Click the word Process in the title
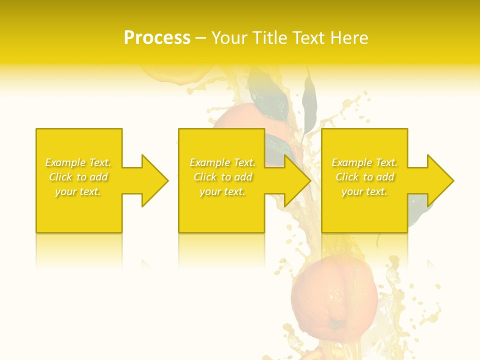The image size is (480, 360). tap(157, 38)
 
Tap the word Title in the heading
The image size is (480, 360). tap(268, 38)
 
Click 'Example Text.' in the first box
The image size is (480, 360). tap(78, 162)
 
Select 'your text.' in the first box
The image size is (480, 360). tap(78, 191)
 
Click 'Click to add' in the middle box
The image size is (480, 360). tap(223, 177)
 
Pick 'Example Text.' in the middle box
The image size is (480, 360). tap(223, 162)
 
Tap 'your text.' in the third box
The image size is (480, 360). tap(364, 191)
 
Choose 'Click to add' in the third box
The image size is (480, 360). tap(364, 177)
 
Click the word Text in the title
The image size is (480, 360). tap(310, 38)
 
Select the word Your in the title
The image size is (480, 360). tap(229, 38)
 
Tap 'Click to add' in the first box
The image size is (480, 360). tap(78, 177)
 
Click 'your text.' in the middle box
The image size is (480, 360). tap(223, 191)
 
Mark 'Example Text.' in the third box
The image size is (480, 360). tap(364, 162)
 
